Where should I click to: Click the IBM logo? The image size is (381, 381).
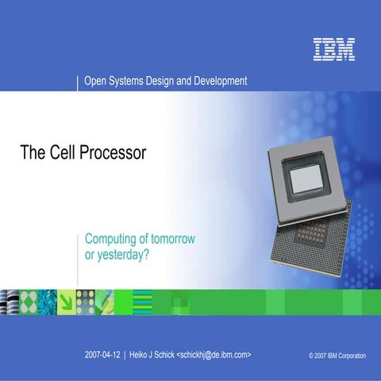333,49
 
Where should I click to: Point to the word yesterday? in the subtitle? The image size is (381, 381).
124,255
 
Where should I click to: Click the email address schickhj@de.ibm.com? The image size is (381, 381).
214,355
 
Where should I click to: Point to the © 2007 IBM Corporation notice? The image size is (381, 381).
337,356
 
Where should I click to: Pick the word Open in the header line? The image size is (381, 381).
96,81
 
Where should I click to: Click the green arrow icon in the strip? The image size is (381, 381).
67,302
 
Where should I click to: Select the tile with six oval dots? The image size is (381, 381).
86,302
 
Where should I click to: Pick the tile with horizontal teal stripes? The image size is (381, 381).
142,302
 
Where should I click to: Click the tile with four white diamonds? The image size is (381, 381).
28,302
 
